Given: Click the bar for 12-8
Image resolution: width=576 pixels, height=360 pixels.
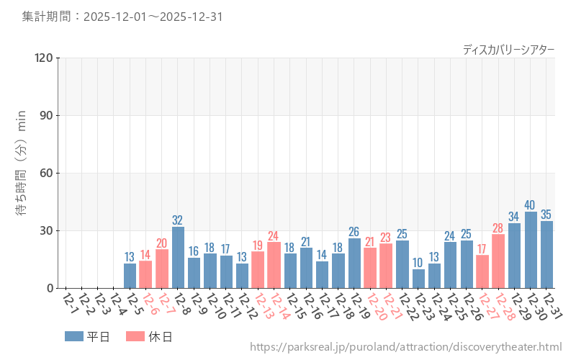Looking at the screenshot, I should tap(178, 258).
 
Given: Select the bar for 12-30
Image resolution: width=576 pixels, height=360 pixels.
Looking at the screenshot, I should tap(531, 250).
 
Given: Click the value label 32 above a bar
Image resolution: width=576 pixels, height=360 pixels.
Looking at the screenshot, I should tap(178, 220).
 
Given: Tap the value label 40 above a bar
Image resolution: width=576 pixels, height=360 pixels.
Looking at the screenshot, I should tap(531, 205).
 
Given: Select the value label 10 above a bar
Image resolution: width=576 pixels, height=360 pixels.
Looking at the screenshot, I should tap(418, 263).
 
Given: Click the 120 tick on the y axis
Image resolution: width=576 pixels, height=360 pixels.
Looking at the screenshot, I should tap(43, 58).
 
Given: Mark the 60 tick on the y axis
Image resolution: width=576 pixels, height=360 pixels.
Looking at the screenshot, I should tap(46, 173).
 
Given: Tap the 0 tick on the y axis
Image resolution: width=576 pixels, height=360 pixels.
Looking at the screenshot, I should tap(49, 288).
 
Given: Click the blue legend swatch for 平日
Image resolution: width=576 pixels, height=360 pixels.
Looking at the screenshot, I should tap(74, 336).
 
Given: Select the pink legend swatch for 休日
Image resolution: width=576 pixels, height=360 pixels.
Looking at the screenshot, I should tap(135, 336).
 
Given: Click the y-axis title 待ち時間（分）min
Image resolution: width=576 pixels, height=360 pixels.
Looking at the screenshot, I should tap(22, 173).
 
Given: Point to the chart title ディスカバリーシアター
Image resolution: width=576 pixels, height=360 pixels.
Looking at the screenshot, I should tap(508, 49).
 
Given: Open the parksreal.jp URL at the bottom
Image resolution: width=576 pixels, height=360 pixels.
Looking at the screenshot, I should tap(405, 348).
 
